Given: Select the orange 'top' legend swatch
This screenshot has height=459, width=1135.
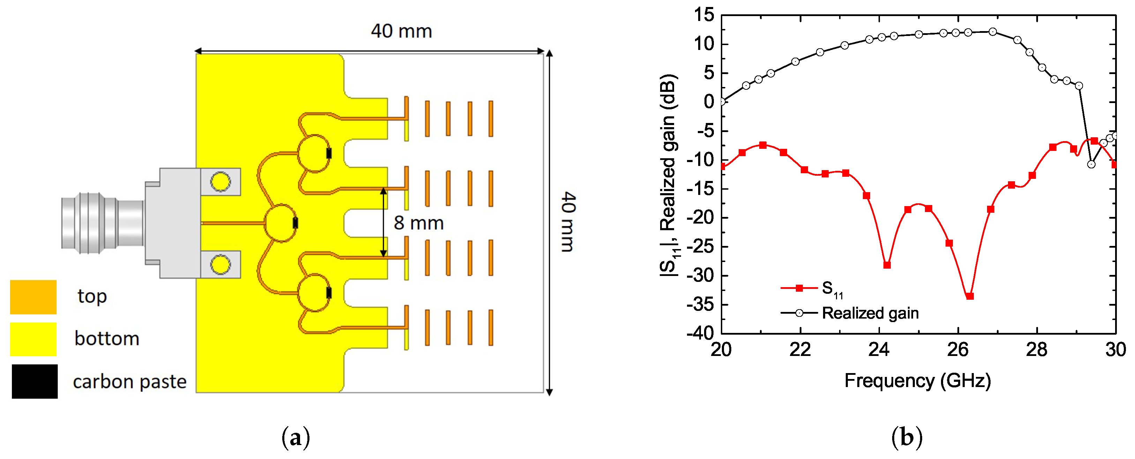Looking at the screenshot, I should point(33,297).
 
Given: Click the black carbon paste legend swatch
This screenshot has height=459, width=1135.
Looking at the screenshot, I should point(34,381).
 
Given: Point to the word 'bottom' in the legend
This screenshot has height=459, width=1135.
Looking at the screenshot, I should point(107,338).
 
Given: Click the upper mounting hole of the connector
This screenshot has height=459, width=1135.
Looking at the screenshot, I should point(220,182).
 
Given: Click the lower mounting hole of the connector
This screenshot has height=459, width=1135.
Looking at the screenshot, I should point(220,264).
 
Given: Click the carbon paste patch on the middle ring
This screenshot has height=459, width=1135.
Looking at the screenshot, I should point(295,223).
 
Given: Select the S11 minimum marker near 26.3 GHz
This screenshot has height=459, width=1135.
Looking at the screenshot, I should point(969,296).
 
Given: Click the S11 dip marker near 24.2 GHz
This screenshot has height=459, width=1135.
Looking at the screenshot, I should point(887,265).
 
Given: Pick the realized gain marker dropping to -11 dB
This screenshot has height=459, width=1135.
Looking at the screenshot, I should point(1091,164).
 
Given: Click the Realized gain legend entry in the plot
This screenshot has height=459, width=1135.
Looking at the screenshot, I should point(870,313).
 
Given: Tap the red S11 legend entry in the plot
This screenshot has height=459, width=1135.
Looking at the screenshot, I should point(832,289).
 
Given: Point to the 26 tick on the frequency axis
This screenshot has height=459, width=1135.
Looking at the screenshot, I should point(958,350).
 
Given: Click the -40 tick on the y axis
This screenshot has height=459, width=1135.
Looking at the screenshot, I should point(701,333).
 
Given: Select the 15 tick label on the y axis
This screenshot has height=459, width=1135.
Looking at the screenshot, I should point(704,15).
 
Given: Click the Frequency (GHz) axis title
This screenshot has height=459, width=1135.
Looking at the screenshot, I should point(918,380).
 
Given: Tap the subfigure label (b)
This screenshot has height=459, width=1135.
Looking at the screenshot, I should point(906,437).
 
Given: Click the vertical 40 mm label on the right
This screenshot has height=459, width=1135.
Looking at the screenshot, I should point(568,222).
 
